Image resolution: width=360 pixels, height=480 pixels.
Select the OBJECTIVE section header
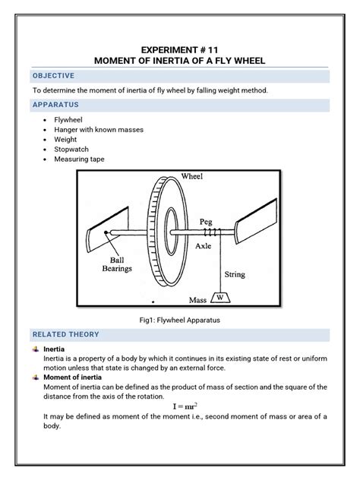click(x=52, y=76)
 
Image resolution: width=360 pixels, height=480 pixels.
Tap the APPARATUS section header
click(x=55, y=104)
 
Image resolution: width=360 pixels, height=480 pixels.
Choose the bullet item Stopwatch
click(x=73, y=150)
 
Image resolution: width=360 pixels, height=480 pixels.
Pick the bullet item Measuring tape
click(x=79, y=159)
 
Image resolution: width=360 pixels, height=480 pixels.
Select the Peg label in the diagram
click(x=207, y=221)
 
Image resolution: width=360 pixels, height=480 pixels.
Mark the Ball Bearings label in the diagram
click(x=118, y=263)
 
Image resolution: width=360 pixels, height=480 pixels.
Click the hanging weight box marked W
click(x=221, y=297)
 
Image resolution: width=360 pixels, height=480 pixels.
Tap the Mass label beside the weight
click(x=198, y=301)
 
